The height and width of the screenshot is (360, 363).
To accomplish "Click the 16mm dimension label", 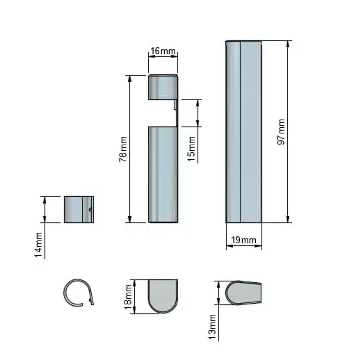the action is click(163, 51).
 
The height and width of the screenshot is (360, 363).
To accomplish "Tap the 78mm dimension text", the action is click(123, 149).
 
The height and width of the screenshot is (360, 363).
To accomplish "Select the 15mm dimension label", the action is click(191, 149).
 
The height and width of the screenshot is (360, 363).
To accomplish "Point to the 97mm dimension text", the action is click(281, 132).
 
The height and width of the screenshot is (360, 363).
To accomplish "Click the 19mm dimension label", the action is click(243, 240).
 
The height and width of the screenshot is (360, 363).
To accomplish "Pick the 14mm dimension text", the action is click(38, 245).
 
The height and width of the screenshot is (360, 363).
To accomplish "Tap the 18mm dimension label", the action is click(128, 297).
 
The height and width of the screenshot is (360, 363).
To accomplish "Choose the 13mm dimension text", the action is click(213, 327).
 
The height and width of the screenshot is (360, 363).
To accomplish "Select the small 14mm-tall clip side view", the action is click(79, 209).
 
